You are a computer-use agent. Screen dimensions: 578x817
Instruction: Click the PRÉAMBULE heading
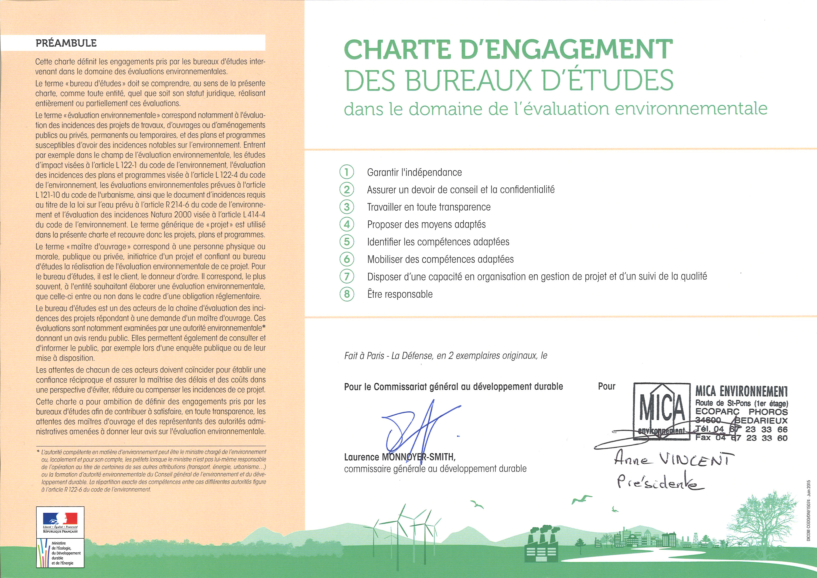pyautogui.click(x=66, y=43)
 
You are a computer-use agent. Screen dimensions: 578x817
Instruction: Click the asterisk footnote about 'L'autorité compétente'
pyautogui.click(x=151, y=471)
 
